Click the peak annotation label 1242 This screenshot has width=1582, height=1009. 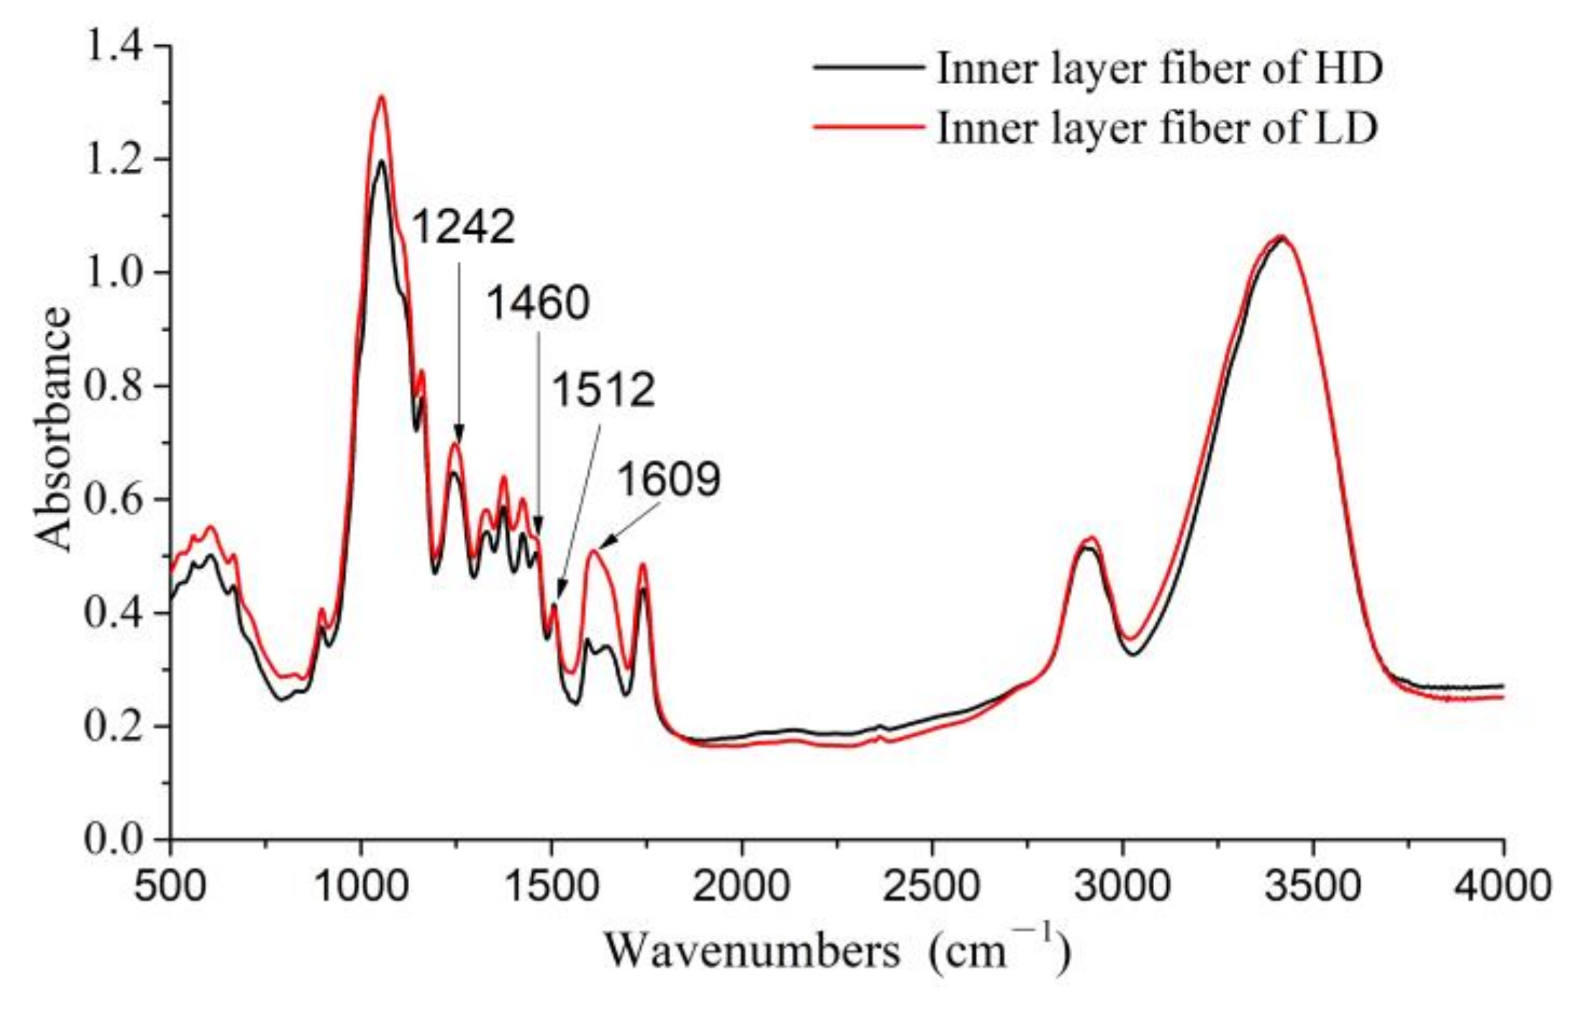pyautogui.click(x=463, y=227)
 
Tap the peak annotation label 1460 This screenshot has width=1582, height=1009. pyautogui.click(x=538, y=303)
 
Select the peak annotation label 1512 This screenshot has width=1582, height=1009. pyautogui.click(x=603, y=390)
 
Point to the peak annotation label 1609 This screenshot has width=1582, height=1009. pyautogui.click(x=669, y=479)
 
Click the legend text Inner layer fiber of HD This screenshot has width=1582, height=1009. pyautogui.click(x=1159, y=69)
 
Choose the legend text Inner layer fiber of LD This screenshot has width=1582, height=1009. pyautogui.click(x=1156, y=129)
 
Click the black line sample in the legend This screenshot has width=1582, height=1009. pyautogui.click(x=869, y=67)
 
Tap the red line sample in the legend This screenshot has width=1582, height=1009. pyautogui.click(x=869, y=127)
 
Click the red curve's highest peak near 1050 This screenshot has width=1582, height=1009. pyautogui.click(x=382, y=96)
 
